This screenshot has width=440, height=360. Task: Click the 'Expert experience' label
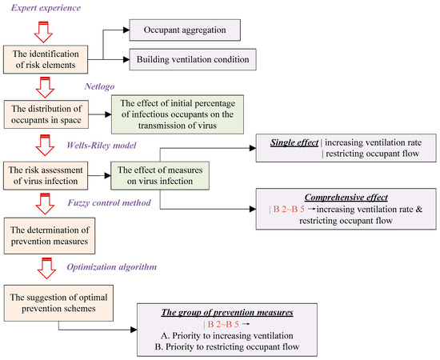coord(47,9)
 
